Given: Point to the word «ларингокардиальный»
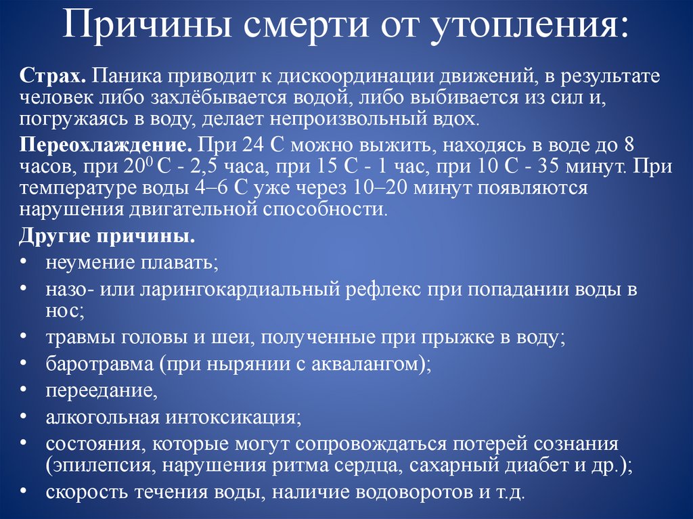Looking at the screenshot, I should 240,291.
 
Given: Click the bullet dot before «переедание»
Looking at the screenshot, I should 24,389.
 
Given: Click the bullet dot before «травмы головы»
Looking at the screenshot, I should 24,336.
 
